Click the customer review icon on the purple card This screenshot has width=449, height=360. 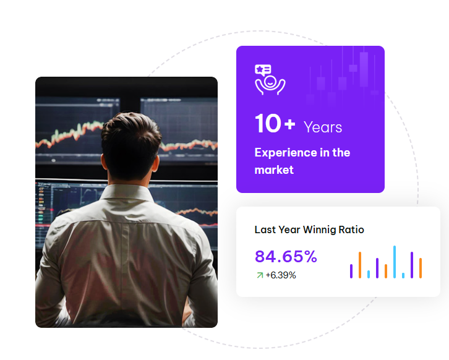pyautogui.click(x=270, y=80)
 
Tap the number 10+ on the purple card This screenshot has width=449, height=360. pyautogui.click(x=275, y=124)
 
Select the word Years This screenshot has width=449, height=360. pyautogui.click(x=323, y=127)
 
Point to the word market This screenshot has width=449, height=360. pyautogui.click(x=274, y=170)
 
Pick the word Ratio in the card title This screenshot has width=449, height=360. pyautogui.click(x=351, y=229)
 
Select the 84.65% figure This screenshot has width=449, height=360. pyautogui.click(x=286, y=256)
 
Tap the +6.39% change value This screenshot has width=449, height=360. pyautogui.click(x=281, y=275)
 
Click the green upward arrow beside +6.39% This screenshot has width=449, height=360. pyautogui.click(x=260, y=275)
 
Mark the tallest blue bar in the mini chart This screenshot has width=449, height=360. pyautogui.click(x=395, y=262)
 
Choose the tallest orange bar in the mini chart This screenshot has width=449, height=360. pyautogui.click(x=360, y=265)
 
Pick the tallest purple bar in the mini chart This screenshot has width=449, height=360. pyautogui.click(x=412, y=265)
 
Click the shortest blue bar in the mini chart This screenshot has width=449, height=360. pyautogui.click(x=403, y=275)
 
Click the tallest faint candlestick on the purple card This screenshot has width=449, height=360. pyautogui.click(x=364, y=69)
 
